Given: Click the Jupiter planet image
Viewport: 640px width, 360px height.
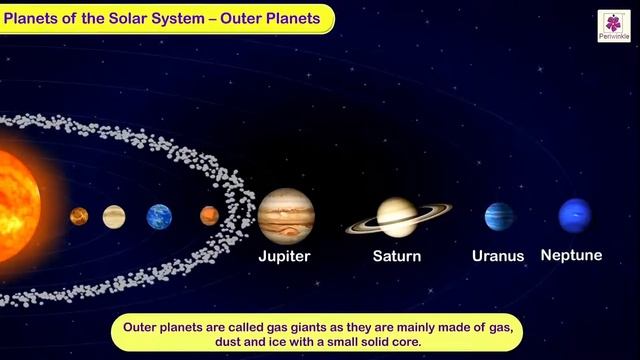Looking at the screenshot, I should pyautogui.click(x=286, y=215).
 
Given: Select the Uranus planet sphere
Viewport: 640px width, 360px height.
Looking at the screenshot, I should pyautogui.click(x=499, y=216).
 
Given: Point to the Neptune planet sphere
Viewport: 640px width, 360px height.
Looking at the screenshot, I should pyautogui.click(x=574, y=215).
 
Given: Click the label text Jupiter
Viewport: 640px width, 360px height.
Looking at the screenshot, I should pyautogui.click(x=285, y=256).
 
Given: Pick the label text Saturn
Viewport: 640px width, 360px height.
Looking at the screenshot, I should pyautogui.click(x=397, y=256).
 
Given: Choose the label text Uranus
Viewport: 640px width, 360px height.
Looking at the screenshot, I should pyautogui.click(x=498, y=256).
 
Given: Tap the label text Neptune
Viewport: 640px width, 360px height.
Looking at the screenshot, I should pyautogui.click(x=571, y=255).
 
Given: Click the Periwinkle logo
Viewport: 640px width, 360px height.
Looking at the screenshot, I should pyautogui.click(x=613, y=26).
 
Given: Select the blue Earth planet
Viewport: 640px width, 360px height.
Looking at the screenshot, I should pyautogui.click(x=159, y=216).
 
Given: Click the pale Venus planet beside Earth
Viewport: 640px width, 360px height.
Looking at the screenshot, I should pyautogui.click(x=114, y=216).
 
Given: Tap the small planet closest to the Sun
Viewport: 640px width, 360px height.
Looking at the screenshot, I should pyautogui.click(x=79, y=216).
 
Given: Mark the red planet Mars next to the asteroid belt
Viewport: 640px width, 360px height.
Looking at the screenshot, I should pyautogui.click(x=209, y=215).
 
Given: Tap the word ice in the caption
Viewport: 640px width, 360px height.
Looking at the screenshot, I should pyautogui.click(x=278, y=343).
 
